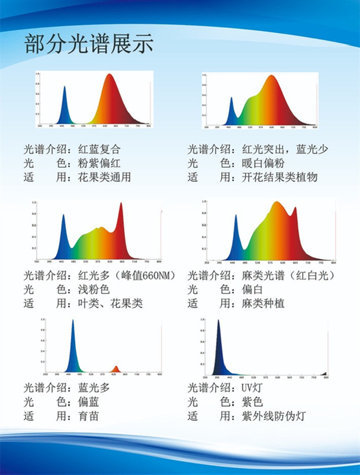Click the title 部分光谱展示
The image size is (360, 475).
pos(88,44)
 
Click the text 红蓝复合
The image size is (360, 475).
pos(99,150)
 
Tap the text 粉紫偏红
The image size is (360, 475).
pos(99,164)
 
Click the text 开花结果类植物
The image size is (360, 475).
pos(280,177)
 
